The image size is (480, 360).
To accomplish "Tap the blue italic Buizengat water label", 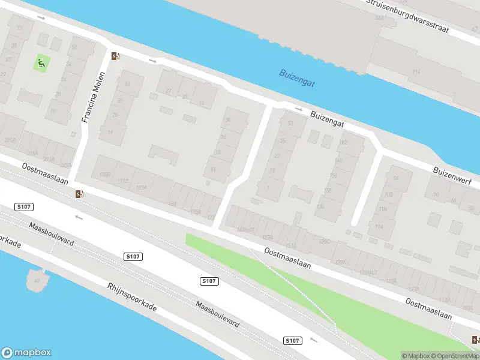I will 297,76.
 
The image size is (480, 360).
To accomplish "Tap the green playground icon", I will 41,63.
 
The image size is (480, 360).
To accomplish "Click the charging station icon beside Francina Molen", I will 115,56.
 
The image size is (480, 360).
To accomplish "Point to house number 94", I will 395,178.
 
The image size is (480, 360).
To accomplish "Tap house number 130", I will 320,207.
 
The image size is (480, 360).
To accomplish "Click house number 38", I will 227,120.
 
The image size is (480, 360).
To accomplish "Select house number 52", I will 74,47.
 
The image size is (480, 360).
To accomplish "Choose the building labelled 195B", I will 106,174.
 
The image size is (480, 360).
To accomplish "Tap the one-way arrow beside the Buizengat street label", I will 299,109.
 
